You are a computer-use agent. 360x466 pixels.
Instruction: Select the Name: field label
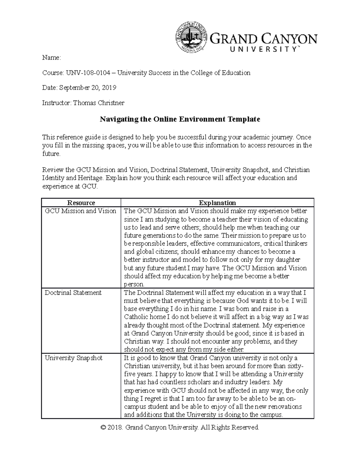[x=51, y=58]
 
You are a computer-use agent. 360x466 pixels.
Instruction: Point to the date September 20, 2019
[x=88, y=88]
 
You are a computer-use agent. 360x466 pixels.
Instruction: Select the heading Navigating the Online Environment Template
[x=180, y=119]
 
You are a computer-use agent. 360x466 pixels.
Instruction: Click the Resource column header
[x=81, y=203]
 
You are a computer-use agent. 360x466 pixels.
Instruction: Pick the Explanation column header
[x=217, y=203]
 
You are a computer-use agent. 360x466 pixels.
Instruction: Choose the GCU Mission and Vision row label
[x=80, y=211]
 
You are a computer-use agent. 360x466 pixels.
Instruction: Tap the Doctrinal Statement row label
[x=73, y=293]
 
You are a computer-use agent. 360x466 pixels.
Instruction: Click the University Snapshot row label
[x=73, y=358]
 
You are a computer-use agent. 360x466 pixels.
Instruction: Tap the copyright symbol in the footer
[x=103, y=428]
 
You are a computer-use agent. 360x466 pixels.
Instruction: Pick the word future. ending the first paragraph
[x=51, y=154]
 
